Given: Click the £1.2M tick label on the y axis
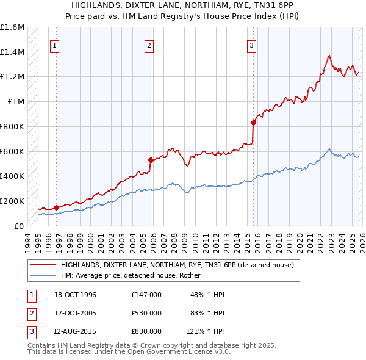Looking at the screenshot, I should coord(12,77).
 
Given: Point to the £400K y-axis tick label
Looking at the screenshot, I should coord(12,176).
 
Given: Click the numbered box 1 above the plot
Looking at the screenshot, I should coord(55,45).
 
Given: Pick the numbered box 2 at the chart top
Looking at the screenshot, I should coord(148,45).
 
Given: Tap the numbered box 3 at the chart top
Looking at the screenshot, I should coord(251,45).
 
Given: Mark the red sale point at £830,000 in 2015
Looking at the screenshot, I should coord(254,123).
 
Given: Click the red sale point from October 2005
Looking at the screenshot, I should coord(151,160).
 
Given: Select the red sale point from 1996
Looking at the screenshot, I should coord(56,207).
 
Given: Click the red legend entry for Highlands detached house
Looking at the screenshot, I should coord(177,265).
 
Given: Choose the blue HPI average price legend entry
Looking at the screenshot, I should coord(134,275).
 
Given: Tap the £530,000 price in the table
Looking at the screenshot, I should coord(146,313).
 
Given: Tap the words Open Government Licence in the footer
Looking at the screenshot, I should coord(174,353).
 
